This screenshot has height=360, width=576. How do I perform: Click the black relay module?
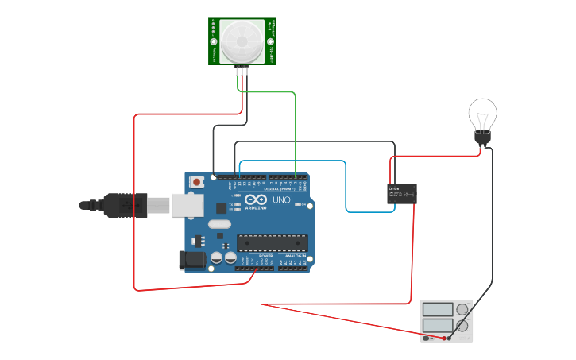tap(402, 193)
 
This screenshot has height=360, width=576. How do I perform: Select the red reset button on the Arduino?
tap(197, 182)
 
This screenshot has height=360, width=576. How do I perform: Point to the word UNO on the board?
tap(281, 200)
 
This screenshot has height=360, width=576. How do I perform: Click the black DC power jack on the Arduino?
tap(191, 259)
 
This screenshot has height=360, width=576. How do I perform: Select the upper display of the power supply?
tap(437, 309)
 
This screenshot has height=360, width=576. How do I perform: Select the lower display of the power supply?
tap(437, 325)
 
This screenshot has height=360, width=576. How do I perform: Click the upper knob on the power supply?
tap(462, 309)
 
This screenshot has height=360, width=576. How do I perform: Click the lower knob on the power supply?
tap(462, 325)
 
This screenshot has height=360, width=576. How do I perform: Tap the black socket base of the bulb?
tap(481, 138)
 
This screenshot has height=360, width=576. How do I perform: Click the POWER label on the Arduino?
tap(254, 254)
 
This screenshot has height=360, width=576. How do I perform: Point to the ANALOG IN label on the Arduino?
tap(292, 254)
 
